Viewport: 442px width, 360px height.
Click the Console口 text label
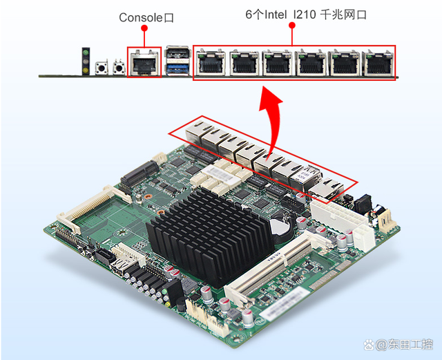tap(146, 17)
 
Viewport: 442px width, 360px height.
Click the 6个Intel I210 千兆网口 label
tap(306, 15)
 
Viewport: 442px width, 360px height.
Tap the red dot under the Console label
tap(144, 28)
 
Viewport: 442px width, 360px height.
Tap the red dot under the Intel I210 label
tap(292, 26)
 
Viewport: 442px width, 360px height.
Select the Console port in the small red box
tap(144, 61)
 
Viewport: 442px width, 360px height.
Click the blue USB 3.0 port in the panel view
tap(178, 68)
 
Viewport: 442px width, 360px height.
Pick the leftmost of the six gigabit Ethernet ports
tap(211, 63)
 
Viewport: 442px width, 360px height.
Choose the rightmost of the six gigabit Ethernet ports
tap(378, 63)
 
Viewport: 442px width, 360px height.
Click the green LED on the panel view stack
tap(86, 53)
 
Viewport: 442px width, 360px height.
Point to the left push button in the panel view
tap(102, 68)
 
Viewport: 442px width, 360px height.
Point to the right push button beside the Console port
tap(119, 68)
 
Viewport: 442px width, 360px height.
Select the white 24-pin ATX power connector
tap(338, 215)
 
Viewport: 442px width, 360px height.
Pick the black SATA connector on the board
tap(105, 256)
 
